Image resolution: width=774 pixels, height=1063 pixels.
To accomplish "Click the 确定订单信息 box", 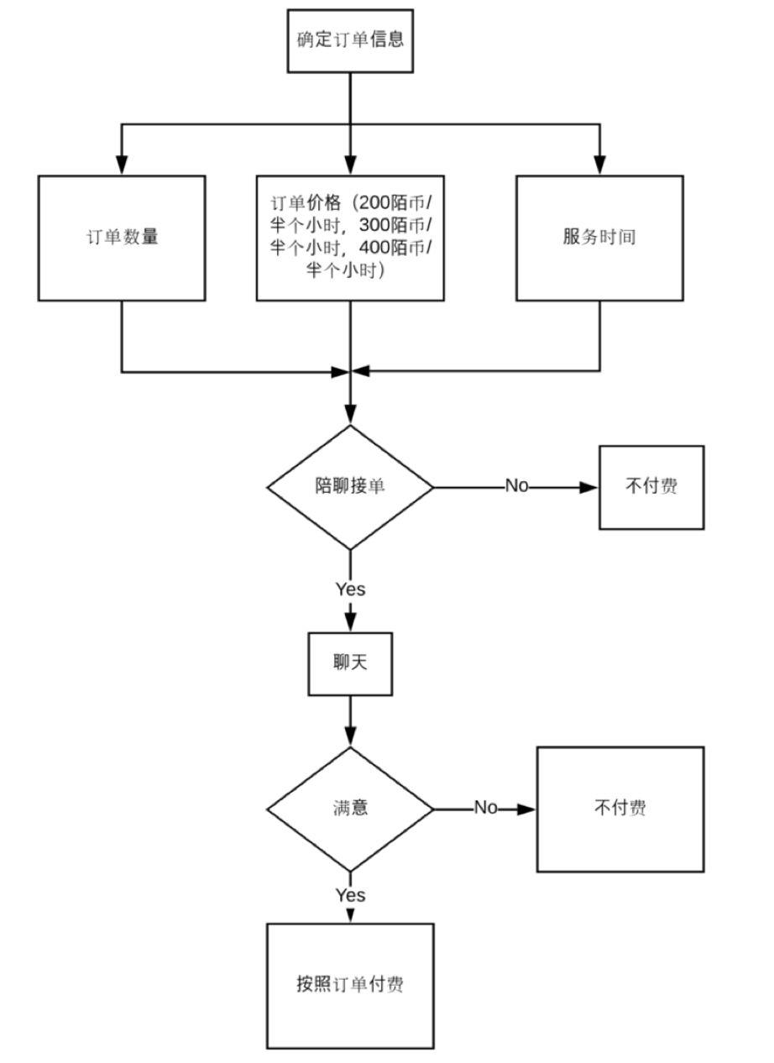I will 350,40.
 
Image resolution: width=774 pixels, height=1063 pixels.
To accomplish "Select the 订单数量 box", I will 122,238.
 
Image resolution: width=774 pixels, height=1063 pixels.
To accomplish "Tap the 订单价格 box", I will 350,238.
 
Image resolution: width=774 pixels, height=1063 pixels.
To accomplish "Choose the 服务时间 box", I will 599,238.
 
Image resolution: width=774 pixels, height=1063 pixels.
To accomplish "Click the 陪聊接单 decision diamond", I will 350,487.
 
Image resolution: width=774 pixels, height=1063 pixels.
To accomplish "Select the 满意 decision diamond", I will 350,809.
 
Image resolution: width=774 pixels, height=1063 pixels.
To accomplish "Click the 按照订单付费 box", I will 350,986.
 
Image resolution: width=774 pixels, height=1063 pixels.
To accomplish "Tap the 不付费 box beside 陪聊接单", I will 651,487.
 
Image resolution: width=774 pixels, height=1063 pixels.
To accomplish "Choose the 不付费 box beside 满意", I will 620,809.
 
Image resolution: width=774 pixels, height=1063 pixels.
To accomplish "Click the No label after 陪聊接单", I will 516,486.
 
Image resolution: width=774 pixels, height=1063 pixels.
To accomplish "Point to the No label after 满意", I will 486,809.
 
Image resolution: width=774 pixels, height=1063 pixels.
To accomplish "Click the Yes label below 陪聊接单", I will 350,589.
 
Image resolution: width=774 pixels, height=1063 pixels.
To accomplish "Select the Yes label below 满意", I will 350,895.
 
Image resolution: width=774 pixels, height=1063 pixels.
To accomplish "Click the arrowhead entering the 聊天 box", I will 350,623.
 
